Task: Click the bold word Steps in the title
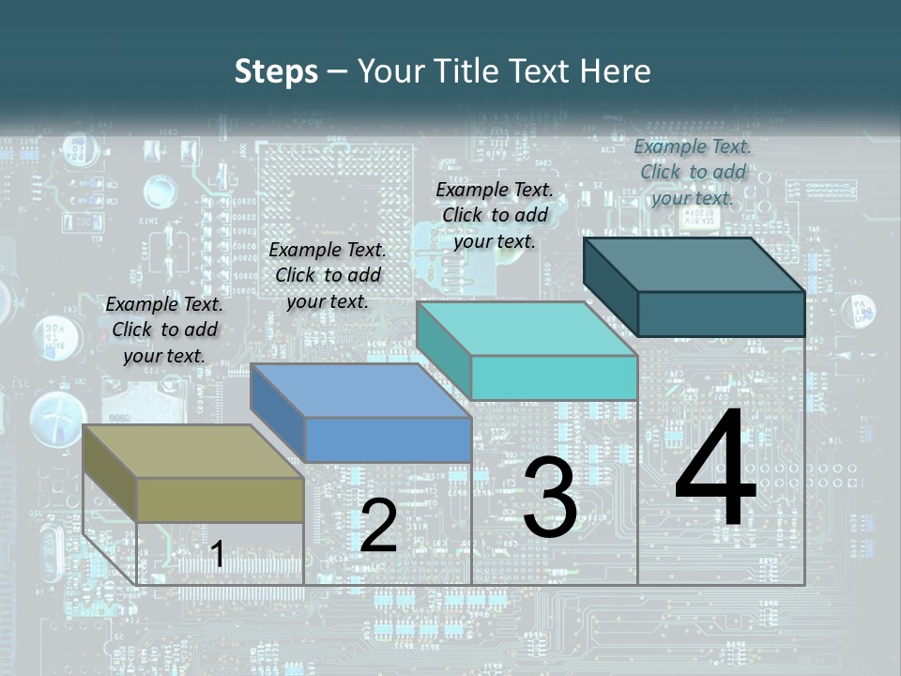tap(276, 71)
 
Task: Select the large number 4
tap(715, 469)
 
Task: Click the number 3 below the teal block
tap(550, 498)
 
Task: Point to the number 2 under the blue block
tap(379, 527)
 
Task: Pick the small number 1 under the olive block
tap(218, 555)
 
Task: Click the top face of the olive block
tap(193, 452)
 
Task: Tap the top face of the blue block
tap(360, 391)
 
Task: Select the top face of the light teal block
tap(527, 329)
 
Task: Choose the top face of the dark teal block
tap(695, 265)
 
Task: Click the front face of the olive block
tap(221, 499)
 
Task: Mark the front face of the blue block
tap(388, 439)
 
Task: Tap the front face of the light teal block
tap(555, 377)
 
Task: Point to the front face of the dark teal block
tap(722, 314)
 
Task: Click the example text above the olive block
tap(164, 330)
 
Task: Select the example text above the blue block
tap(328, 275)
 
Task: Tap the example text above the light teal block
tap(495, 215)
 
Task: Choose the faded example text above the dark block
tap(693, 172)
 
